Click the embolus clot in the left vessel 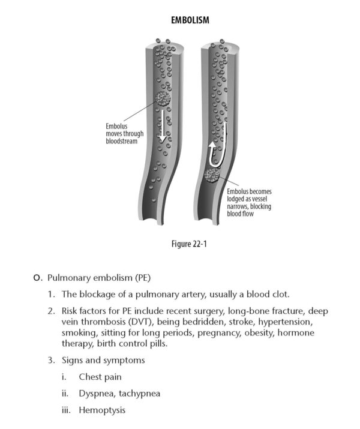click(162, 98)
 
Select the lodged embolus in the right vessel click(211, 175)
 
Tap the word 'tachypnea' click(142, 394)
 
